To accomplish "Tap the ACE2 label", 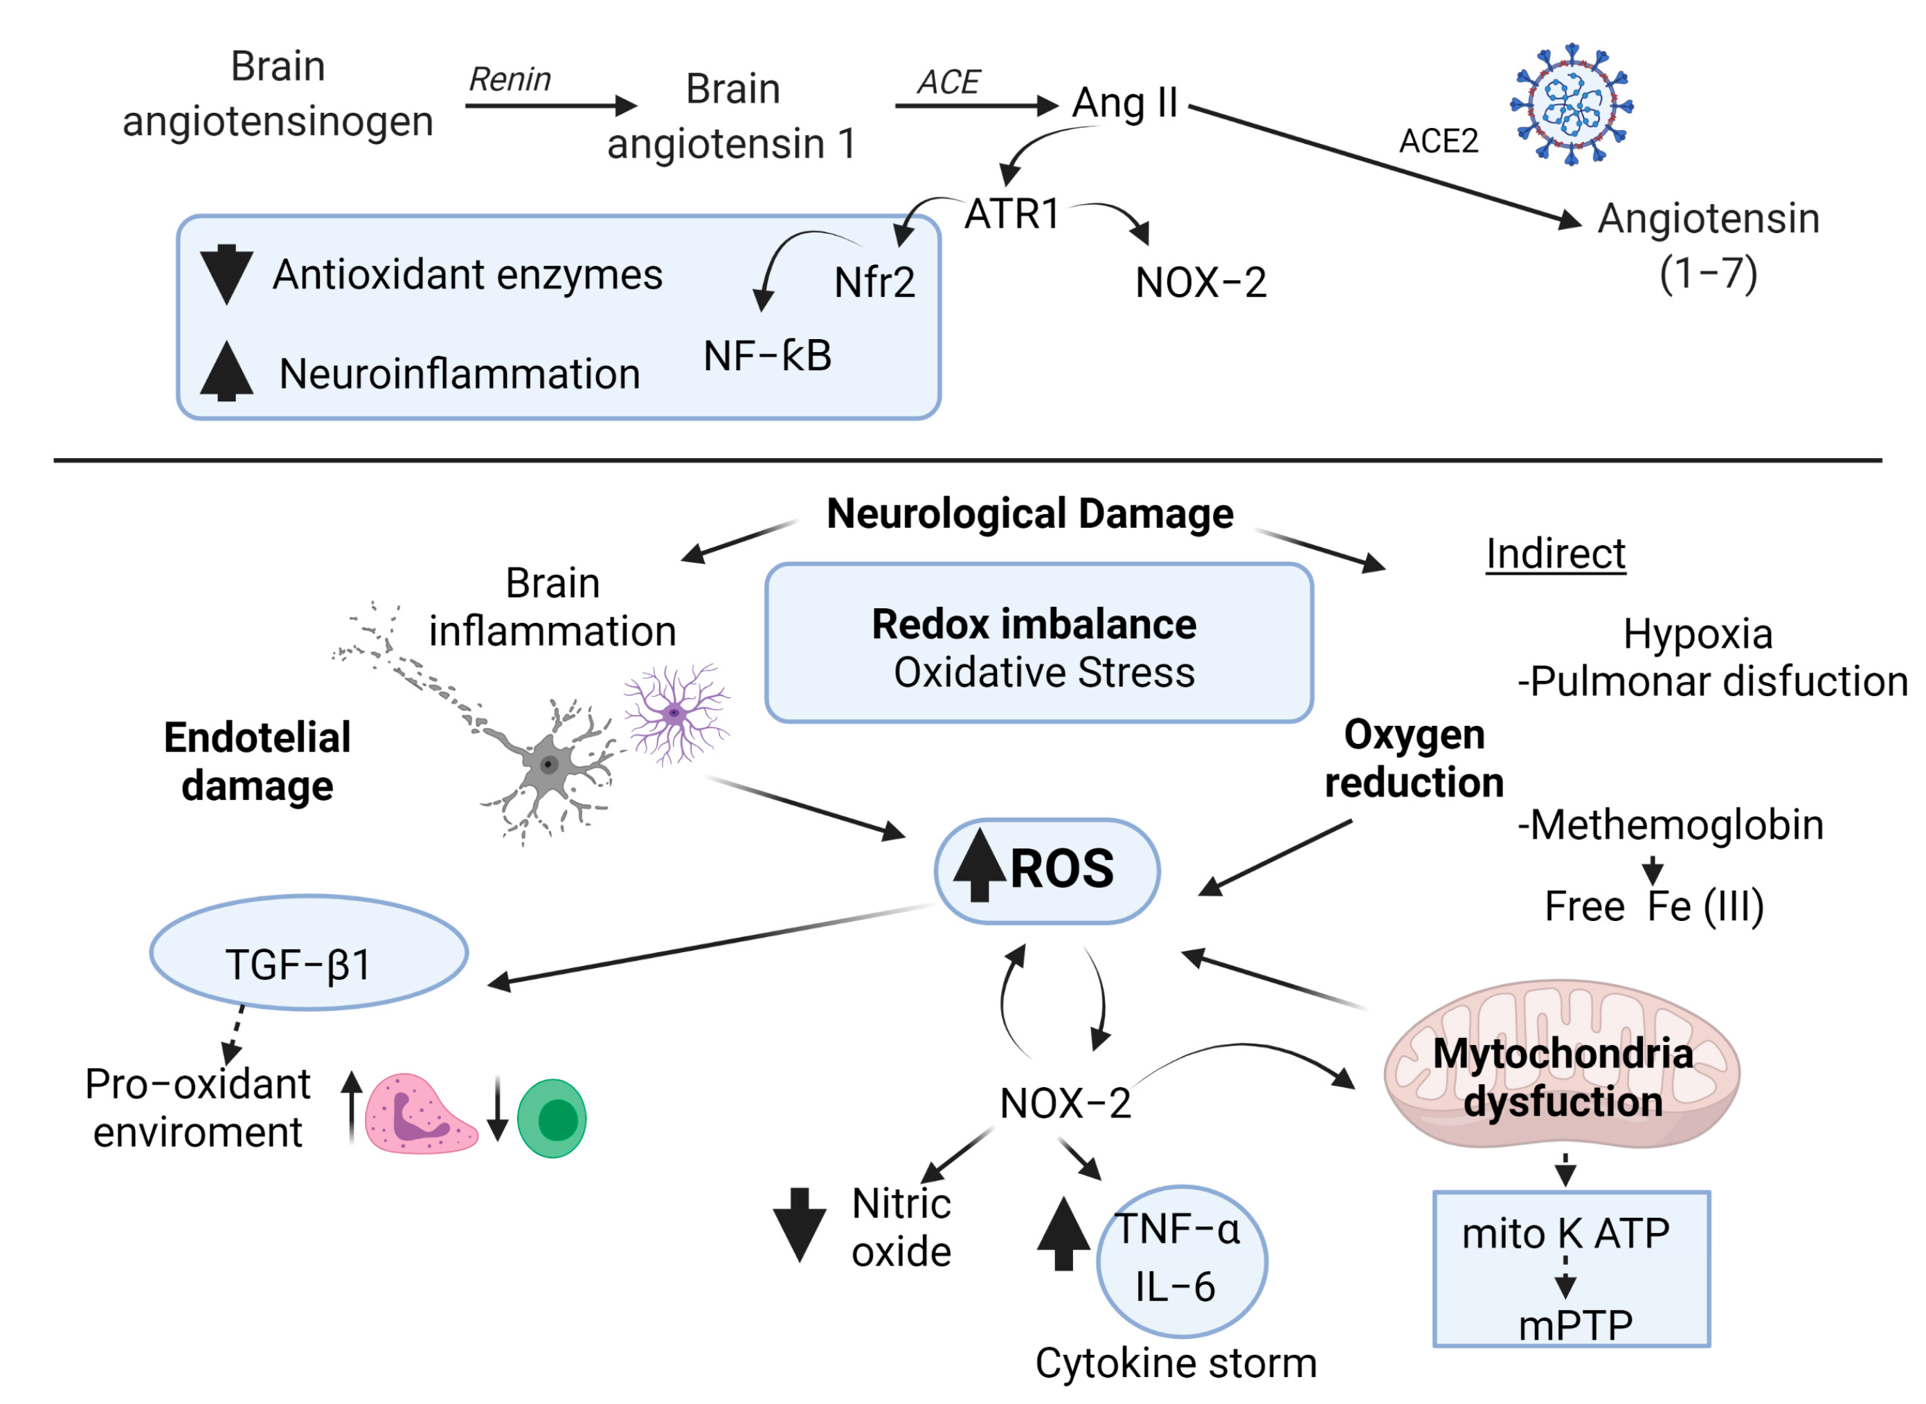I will click(1438, 141).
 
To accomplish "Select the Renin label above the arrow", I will click(510, 80).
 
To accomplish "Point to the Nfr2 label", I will click(874, 282).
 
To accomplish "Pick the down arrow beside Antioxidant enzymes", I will click(226, 273).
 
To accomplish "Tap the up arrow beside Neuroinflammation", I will click(226, 372).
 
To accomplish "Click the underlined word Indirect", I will click(1554, 554).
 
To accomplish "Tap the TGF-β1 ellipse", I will click(309, 953).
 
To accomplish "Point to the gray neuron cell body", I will click(548, 765).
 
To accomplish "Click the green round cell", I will click(552, 1118).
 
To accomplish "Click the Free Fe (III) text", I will click(1653, 906).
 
